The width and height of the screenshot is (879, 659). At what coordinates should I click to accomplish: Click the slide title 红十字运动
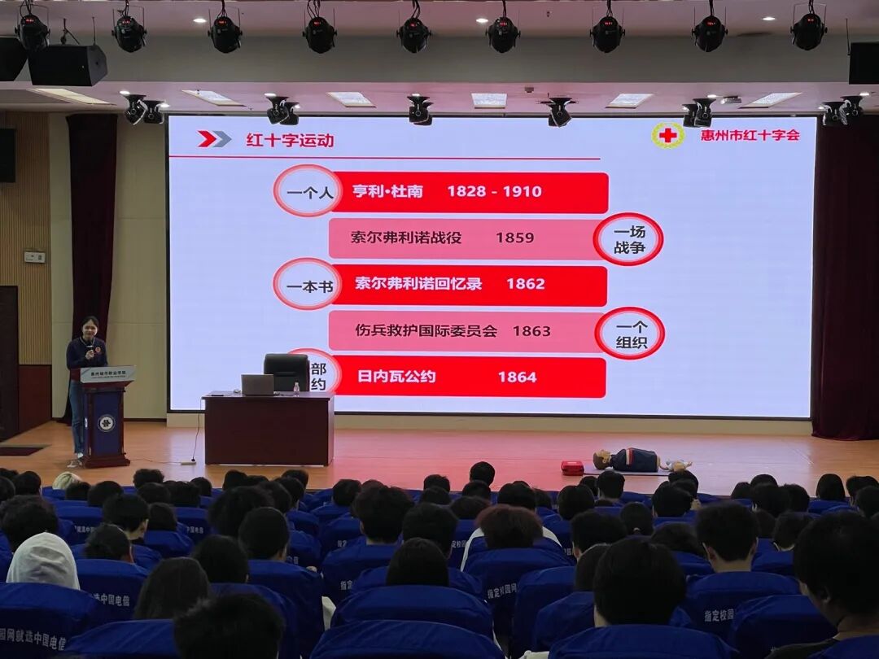tap(290, 140)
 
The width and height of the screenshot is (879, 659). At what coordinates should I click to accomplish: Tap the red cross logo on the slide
tap(667, 135)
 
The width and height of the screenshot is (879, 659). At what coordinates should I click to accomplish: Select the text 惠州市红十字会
tap(750, 135)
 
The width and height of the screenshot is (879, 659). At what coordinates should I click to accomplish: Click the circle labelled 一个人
tap(307, 191)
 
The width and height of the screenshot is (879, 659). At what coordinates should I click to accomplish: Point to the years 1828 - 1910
tap(494, 192)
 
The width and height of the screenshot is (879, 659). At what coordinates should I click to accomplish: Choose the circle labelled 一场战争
tap(628, 239)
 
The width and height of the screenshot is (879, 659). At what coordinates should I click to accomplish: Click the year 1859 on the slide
tap(514, 238)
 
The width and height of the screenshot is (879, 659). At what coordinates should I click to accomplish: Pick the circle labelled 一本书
tap(307, 285)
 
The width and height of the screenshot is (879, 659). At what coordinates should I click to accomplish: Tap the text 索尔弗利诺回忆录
tap(418, 284)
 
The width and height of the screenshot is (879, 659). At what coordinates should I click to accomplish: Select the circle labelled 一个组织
tap(630, 334)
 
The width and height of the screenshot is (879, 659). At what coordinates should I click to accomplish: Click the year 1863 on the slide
tap(531, 331)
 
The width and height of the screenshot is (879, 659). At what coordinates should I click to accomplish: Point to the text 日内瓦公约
tap(396, 377)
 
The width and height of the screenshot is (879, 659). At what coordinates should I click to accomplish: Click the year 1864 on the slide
tap(517, 377)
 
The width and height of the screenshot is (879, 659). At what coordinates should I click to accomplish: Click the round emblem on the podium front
tap(106, 422)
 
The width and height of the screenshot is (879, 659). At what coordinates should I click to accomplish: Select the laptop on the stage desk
tap(257, 385)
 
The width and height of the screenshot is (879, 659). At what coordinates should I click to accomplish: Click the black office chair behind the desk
tap(286, 371)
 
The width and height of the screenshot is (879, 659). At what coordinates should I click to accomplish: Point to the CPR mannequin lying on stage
tap(635, 460)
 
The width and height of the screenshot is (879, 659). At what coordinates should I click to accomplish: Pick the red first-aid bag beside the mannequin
tap(572, 468)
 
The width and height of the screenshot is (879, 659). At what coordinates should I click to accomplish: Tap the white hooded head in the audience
tap(42, 561)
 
